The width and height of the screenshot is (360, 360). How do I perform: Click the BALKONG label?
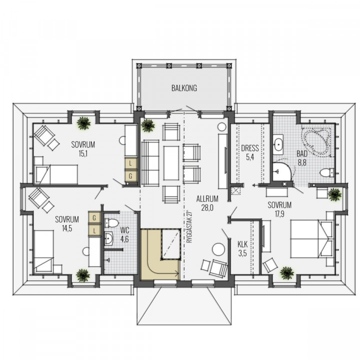pyautogui.click(x=184, y=88)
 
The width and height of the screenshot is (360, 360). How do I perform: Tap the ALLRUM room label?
pyautogui.click(x=207, y=199)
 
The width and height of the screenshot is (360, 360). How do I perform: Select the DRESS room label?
pyautogui.click(x=250, y=148)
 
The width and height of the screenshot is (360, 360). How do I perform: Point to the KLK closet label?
pyautogui.click(x=242, y=244)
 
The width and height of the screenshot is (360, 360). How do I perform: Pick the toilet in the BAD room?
pyautogui.click(x=326, y=172)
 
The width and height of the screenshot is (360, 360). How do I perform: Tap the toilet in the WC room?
pyautogui.click(x=111, y=222)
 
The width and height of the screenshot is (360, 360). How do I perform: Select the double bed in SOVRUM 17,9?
pyautogui.click(x=312, y=239)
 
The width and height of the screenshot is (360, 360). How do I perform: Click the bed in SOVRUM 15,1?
pyautogui.click(x=56, y=174)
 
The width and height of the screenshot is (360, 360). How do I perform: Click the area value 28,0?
pyautogui.click(x=207, y=208)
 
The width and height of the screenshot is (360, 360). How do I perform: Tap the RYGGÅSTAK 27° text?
pyautogui.click(x=188, y=226)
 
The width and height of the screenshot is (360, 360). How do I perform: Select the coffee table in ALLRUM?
pyautogui.click(x=171, y=163)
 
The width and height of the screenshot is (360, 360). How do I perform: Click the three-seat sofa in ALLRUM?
pyautogui.click(x=150, y=162)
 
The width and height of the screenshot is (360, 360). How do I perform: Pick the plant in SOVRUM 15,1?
pyautogui.click(x=83, y=123)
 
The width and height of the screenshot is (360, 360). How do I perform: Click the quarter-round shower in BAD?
pyautogui.click(x=281, y=171)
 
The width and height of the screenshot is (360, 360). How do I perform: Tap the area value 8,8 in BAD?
pyautogui.click(x=302, y=162)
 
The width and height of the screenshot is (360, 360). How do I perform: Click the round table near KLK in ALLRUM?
pyautogui.click(x=218, y=249)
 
